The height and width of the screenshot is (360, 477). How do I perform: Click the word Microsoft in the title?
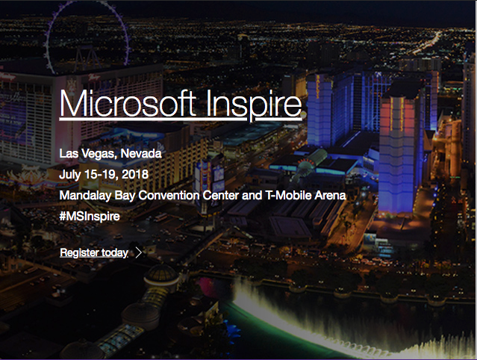pyautogui.click(x=128, y=103)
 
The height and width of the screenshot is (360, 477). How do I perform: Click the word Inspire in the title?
pyautogui.click(x=254, y=105)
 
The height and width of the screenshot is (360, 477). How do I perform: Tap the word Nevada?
pyautogui.click(x=141, y=153)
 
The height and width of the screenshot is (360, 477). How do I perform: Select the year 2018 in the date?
pyautogui.click(x=135, y=174)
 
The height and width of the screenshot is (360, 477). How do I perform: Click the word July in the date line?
pyautogui.click(x=70, y=175)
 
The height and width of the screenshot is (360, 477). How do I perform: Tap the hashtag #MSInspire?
pyautogui.click(x=90, y=217)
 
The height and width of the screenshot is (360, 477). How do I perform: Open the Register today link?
pyautogui.click(x=94, y=252)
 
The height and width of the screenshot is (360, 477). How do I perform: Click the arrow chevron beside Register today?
pyautogui.click(x=139, y=252)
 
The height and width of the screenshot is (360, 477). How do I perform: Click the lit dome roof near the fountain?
pyautogui.click(x=161, y=273)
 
